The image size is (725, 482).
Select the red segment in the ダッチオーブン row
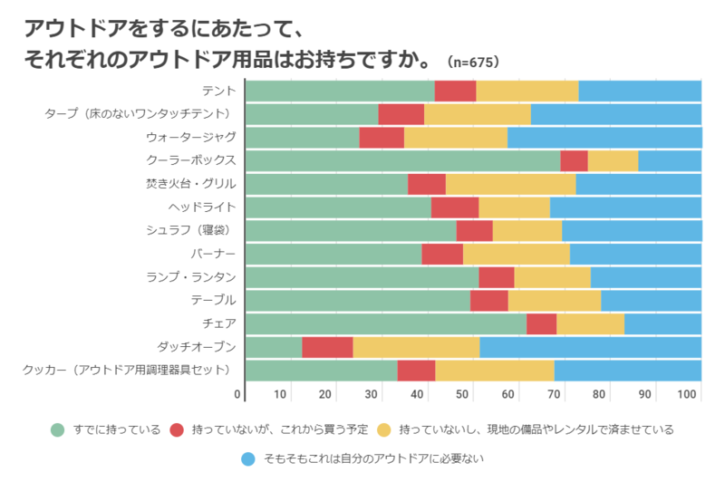click(327, 347)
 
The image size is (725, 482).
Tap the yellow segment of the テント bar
click(527, 91)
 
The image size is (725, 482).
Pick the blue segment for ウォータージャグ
click(604, 138)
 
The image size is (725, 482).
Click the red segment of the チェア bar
click(541, 323)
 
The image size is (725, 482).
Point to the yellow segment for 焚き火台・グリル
click(510, 184)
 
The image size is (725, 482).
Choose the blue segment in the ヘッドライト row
click(625, 207)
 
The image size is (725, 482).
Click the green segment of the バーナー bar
click(333, 254)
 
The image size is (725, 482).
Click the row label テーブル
click(213, 300)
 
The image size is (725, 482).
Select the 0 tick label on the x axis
click(238, 394)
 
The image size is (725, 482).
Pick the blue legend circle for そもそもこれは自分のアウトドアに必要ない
click(247, 459)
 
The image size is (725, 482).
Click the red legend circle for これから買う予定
click(177, 429)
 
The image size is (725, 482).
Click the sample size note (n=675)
click(473, 63)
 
